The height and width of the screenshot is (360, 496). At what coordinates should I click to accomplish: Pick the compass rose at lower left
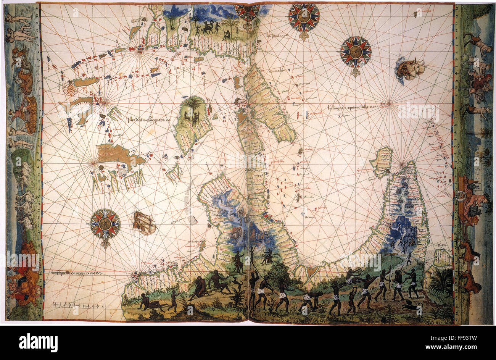coord(105,224)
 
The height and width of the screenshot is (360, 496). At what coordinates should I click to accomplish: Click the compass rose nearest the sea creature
coord(356,52)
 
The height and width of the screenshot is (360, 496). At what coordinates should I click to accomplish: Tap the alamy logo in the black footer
coord(38,342)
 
